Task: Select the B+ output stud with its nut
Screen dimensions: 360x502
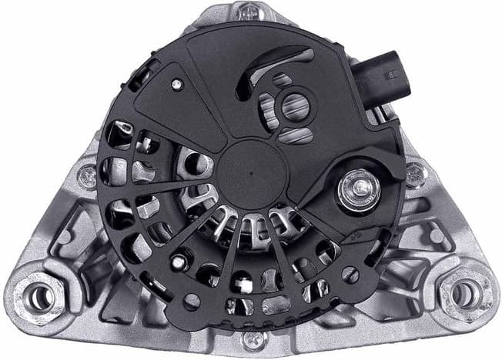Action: coord(356,186)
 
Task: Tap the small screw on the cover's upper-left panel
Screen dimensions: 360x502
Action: coord(176,84)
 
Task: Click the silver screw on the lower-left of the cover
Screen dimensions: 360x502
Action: coord(178,262)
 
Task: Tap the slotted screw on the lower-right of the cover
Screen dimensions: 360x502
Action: coord(350,273)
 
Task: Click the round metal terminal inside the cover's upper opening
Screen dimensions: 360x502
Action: coord(293,107)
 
